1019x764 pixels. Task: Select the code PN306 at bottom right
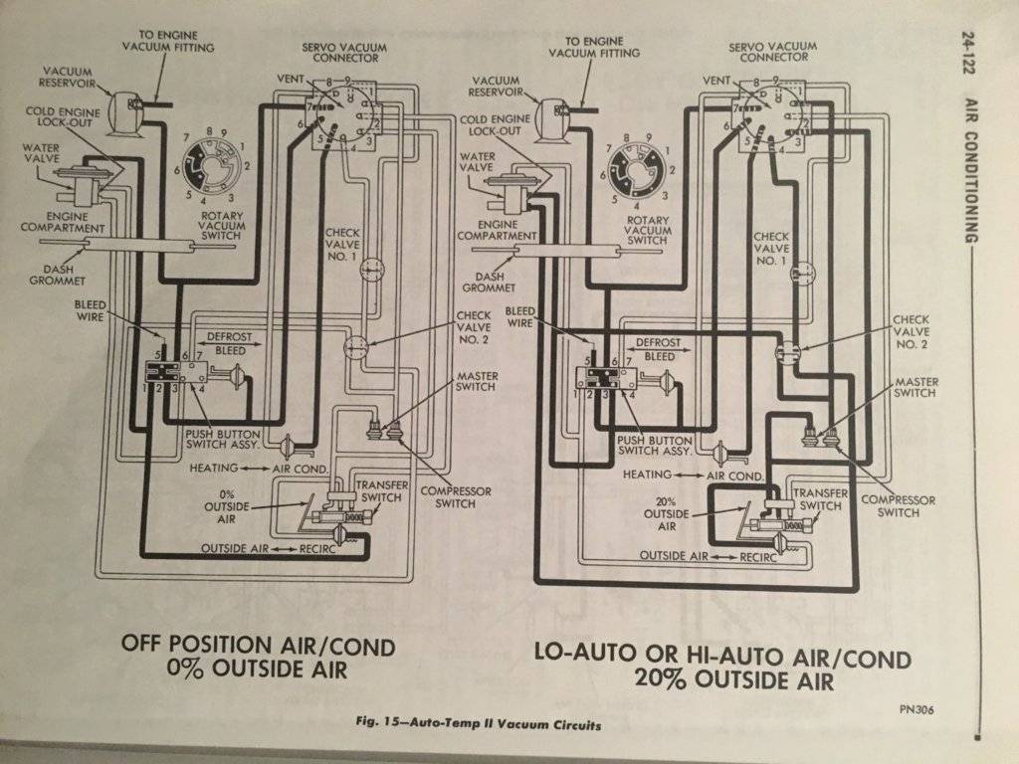913,708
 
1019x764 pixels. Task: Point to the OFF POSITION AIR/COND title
258,646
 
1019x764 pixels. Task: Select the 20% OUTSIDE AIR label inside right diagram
666,512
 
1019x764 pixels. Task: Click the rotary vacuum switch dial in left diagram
211,163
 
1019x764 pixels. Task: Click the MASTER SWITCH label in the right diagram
916,387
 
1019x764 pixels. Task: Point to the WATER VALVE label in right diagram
479,163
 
